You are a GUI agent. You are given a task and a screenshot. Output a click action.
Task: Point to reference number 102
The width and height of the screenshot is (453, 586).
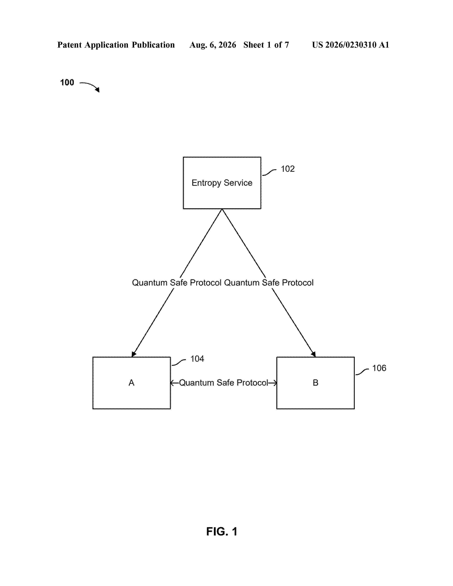click(287, 169)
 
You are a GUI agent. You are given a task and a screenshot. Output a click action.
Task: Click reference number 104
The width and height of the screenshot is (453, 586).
click(197, 359)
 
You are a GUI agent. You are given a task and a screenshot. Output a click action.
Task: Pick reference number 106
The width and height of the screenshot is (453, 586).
click(379, 368)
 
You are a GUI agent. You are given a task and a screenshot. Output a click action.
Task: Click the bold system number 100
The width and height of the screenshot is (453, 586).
click(67, 82)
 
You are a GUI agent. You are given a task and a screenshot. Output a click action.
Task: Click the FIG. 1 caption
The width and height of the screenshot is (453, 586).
click(222, 531)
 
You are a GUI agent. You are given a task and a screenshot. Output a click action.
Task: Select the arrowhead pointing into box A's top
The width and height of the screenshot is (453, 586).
click(134, 354)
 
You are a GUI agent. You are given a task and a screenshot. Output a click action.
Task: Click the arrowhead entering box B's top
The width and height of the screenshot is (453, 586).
click(313, 354)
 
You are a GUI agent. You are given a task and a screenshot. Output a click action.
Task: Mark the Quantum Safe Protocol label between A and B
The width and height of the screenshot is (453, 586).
click(223, 383)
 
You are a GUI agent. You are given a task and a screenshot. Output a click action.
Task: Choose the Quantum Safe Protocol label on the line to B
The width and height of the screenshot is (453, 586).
click(269, 283)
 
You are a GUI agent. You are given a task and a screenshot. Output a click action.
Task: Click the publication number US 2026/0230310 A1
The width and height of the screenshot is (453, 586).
click(350, 45)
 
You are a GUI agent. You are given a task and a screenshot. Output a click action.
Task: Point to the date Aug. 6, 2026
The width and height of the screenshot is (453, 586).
click(213, 45)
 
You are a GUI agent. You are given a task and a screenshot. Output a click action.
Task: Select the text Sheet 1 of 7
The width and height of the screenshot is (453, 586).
click(266, 45)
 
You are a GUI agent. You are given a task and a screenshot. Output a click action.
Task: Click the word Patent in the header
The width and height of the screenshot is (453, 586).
click(69, 45)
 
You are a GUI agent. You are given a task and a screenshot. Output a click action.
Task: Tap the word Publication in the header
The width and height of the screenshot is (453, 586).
click(153, 45)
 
